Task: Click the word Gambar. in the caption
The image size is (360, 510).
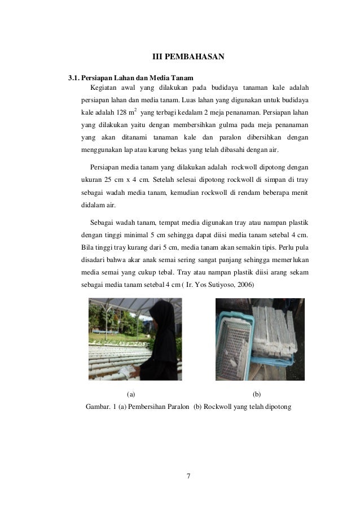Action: click(x=98, y=406)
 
